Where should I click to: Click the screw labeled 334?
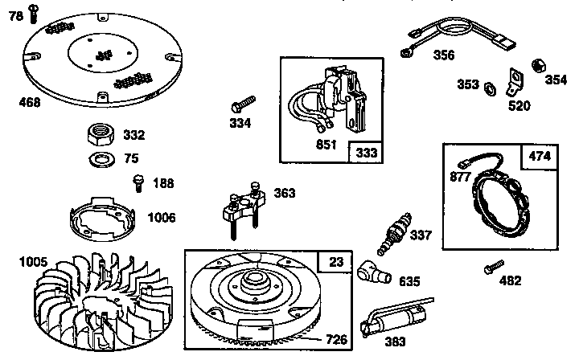click(x=242, y=104)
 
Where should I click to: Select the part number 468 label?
click(x=31, y=103)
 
